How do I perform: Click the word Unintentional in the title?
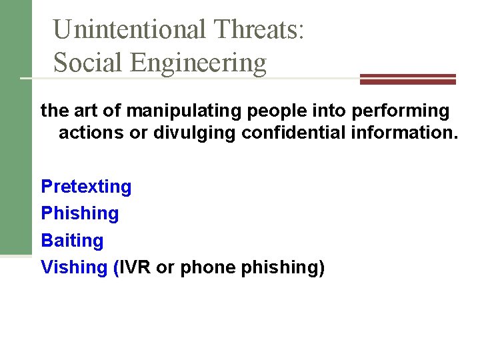[129, 29]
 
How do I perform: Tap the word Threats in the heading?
[259, 29]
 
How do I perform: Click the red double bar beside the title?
[407, 79]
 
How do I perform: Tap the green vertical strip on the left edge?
[15, 127]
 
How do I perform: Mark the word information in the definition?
[403, 133]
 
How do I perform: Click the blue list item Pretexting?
[87, 187]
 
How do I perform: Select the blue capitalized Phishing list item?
[80, 213]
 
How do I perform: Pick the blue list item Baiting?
[72, 240]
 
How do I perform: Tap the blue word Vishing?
[74, 267]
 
